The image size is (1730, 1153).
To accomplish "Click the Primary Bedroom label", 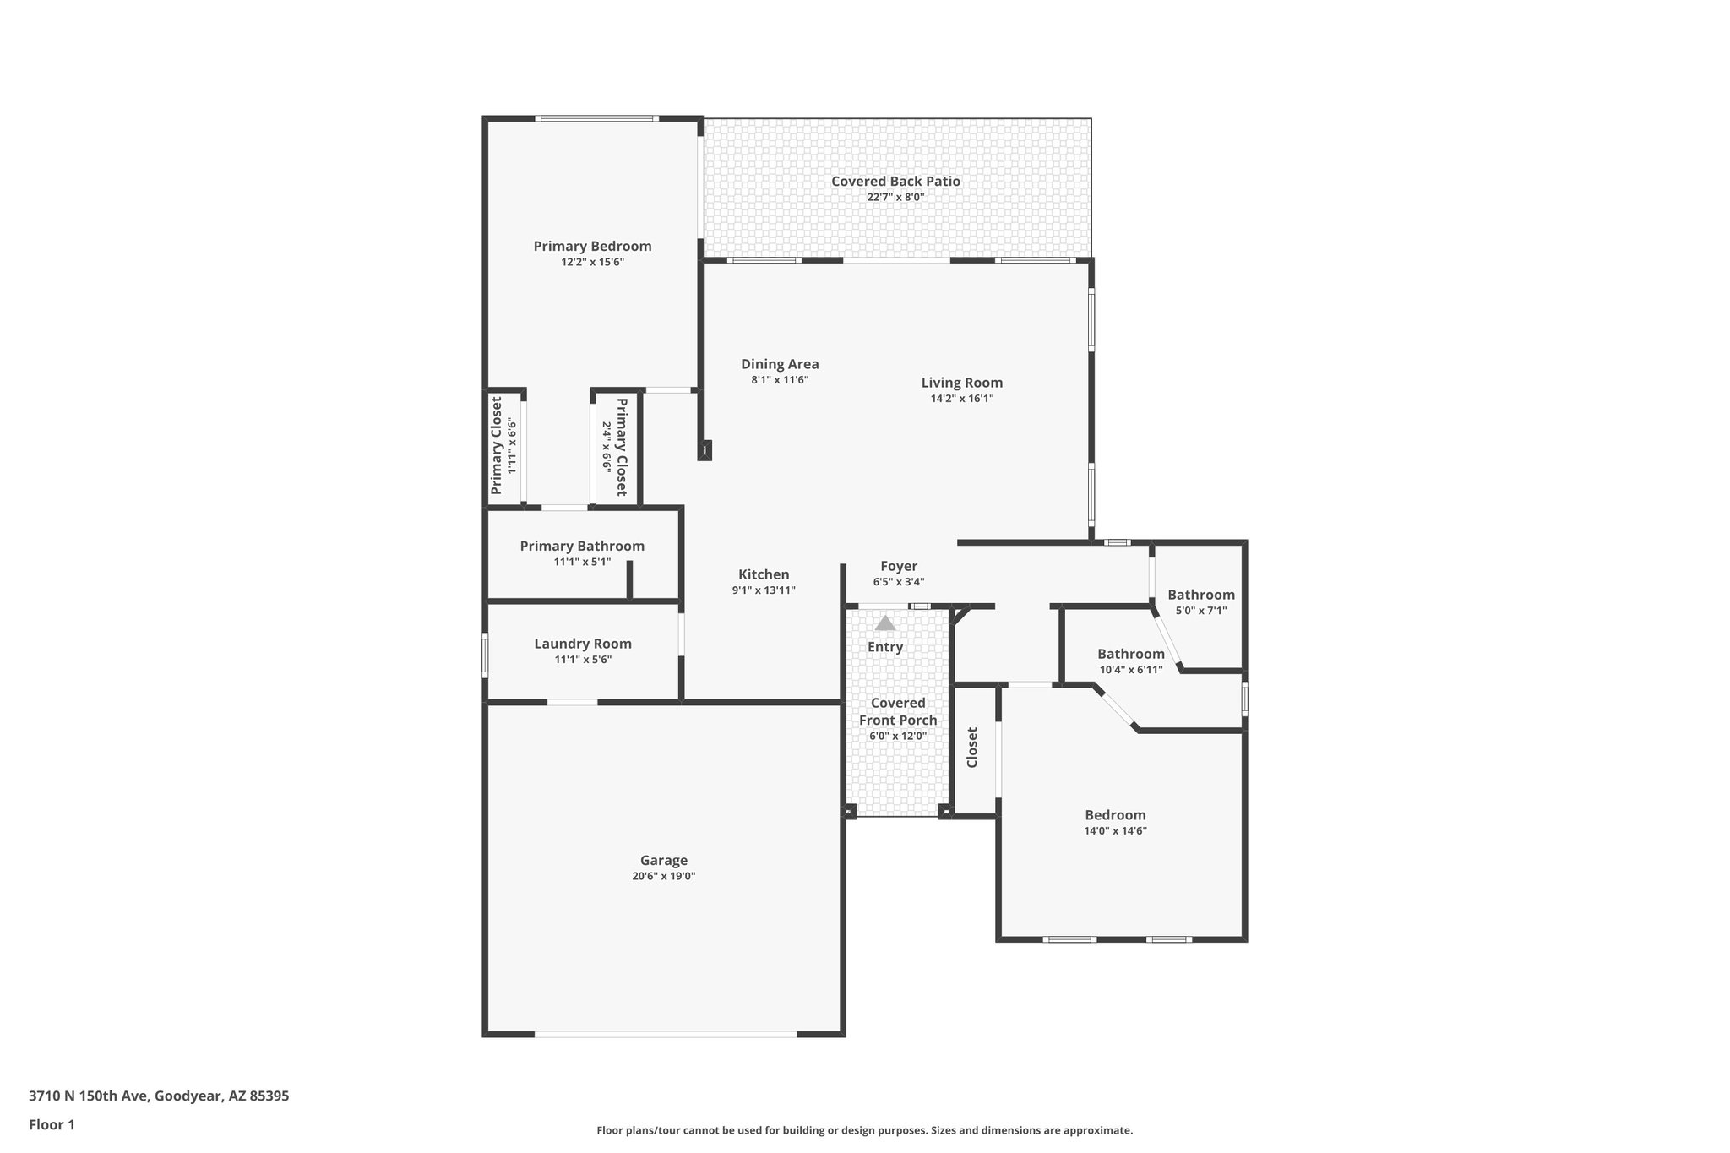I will (592, 246).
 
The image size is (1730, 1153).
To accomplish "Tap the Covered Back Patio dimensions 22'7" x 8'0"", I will (895, 197).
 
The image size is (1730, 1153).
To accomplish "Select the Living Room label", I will (961, 383).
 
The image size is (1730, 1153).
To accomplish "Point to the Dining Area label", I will (780, 364).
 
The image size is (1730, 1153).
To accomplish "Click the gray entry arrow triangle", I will (884, 623).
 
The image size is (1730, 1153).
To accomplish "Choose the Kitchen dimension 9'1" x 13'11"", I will (764, 590).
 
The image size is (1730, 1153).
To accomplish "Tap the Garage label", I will (663, 860).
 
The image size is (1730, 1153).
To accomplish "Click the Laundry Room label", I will (583, 644).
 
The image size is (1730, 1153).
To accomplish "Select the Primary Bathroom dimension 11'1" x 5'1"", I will (582, 562).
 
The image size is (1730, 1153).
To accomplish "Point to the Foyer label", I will (899, 566).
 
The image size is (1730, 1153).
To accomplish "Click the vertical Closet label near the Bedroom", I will (972, 747).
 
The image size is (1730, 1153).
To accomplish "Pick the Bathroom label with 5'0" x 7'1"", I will (1200, 595).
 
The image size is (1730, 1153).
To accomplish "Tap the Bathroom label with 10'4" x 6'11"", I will (1130, 654).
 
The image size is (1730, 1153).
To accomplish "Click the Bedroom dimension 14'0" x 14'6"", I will (1115, 831).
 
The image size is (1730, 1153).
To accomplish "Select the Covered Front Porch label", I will (898, 711).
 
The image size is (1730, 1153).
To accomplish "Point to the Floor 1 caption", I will (52, 1124).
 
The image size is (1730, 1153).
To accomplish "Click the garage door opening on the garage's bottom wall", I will (665, 1033).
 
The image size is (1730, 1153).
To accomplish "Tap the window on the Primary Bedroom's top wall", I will (598, 118).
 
